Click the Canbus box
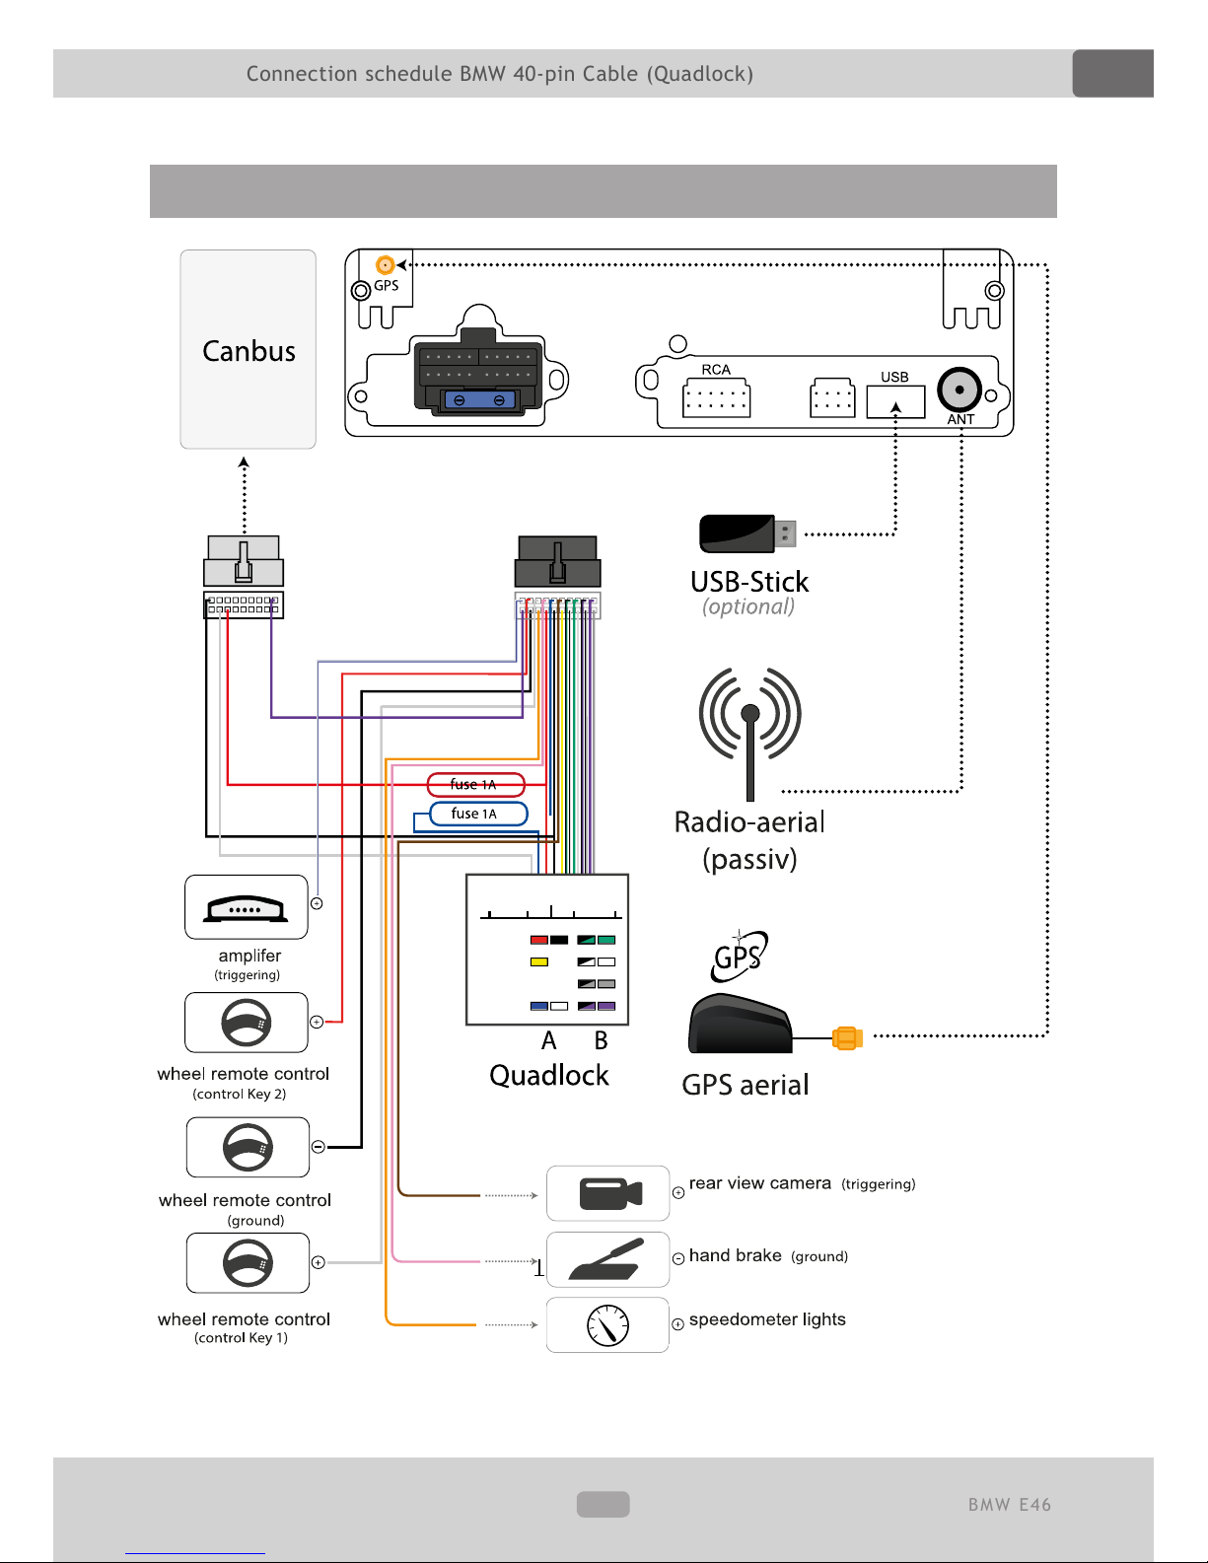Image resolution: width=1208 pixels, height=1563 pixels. [248, 349]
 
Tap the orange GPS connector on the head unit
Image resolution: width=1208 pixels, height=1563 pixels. [386, 265]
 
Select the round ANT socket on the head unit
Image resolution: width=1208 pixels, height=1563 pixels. [959, 391]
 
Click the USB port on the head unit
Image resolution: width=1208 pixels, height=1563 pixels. [895, 402]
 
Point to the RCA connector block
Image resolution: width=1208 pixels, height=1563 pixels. [716, 399]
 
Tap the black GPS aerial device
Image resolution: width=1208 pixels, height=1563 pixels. [740, 1025]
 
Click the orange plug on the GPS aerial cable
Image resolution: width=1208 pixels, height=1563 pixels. [847, 1038]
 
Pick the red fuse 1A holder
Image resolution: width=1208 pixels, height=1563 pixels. [475, 785]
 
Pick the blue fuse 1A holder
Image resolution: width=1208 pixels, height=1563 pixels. [478, 814]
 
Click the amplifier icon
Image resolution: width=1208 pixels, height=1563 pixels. [247, 907]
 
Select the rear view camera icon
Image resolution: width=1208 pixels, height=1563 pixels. [608, 1193]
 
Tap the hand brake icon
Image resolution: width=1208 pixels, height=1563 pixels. [607, 1259]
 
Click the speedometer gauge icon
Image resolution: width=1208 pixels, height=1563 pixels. [607, 1325]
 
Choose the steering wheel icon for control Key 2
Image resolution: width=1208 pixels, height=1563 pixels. [247, 1023]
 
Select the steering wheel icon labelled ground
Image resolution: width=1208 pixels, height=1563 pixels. [248, 1147]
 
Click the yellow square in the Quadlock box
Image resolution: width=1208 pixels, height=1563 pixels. [539, 961]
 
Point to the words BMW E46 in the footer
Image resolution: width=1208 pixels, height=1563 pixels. [1009, 1505]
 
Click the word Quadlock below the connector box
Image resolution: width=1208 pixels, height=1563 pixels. [549, 1075]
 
